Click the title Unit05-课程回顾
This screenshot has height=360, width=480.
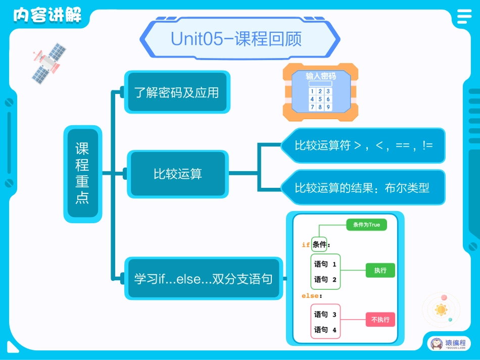(x=236, y=39)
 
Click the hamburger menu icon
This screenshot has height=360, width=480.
(x=463, y=17)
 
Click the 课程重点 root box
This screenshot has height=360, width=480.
(x=82, y=174)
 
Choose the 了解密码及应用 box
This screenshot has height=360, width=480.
(x=177, y=92)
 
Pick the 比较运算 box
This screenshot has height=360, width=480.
(x=178, y=174)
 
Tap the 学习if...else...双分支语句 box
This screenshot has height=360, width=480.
(x=203, y=279)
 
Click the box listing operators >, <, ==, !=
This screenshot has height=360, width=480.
(x=363, y=146)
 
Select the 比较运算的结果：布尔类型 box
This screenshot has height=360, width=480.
(x=362, y=188)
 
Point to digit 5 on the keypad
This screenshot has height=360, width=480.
(x=320, y=99)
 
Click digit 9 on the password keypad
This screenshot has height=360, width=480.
(x=328, y=107)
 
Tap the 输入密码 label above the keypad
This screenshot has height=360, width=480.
(x=320, y=76)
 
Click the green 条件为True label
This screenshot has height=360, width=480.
(x=366, y=225)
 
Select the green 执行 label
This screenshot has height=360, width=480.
(x=380, y=271)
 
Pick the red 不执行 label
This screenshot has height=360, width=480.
(x=380, y=319)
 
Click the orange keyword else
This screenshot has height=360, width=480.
(x=310, y=295)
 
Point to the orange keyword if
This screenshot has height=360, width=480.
(x=306, y=245)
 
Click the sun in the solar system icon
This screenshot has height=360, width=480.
(x=442, y=309)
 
